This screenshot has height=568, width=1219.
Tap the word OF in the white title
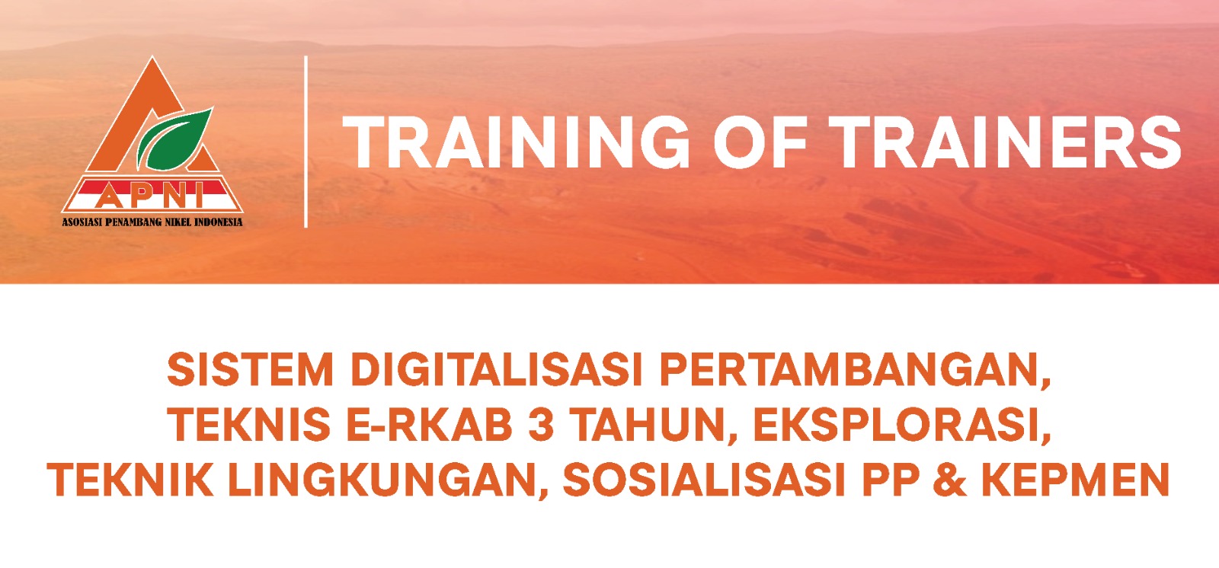[x=760, y=142]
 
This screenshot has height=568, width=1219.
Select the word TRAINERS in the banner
[x=1006, y=142]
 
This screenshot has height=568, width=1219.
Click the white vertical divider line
[x=306, y=142]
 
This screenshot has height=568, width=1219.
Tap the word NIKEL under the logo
[x=178, y=222]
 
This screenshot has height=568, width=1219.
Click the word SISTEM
[x=250, y=370]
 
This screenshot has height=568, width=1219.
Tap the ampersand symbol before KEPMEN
[x=949, y=480]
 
